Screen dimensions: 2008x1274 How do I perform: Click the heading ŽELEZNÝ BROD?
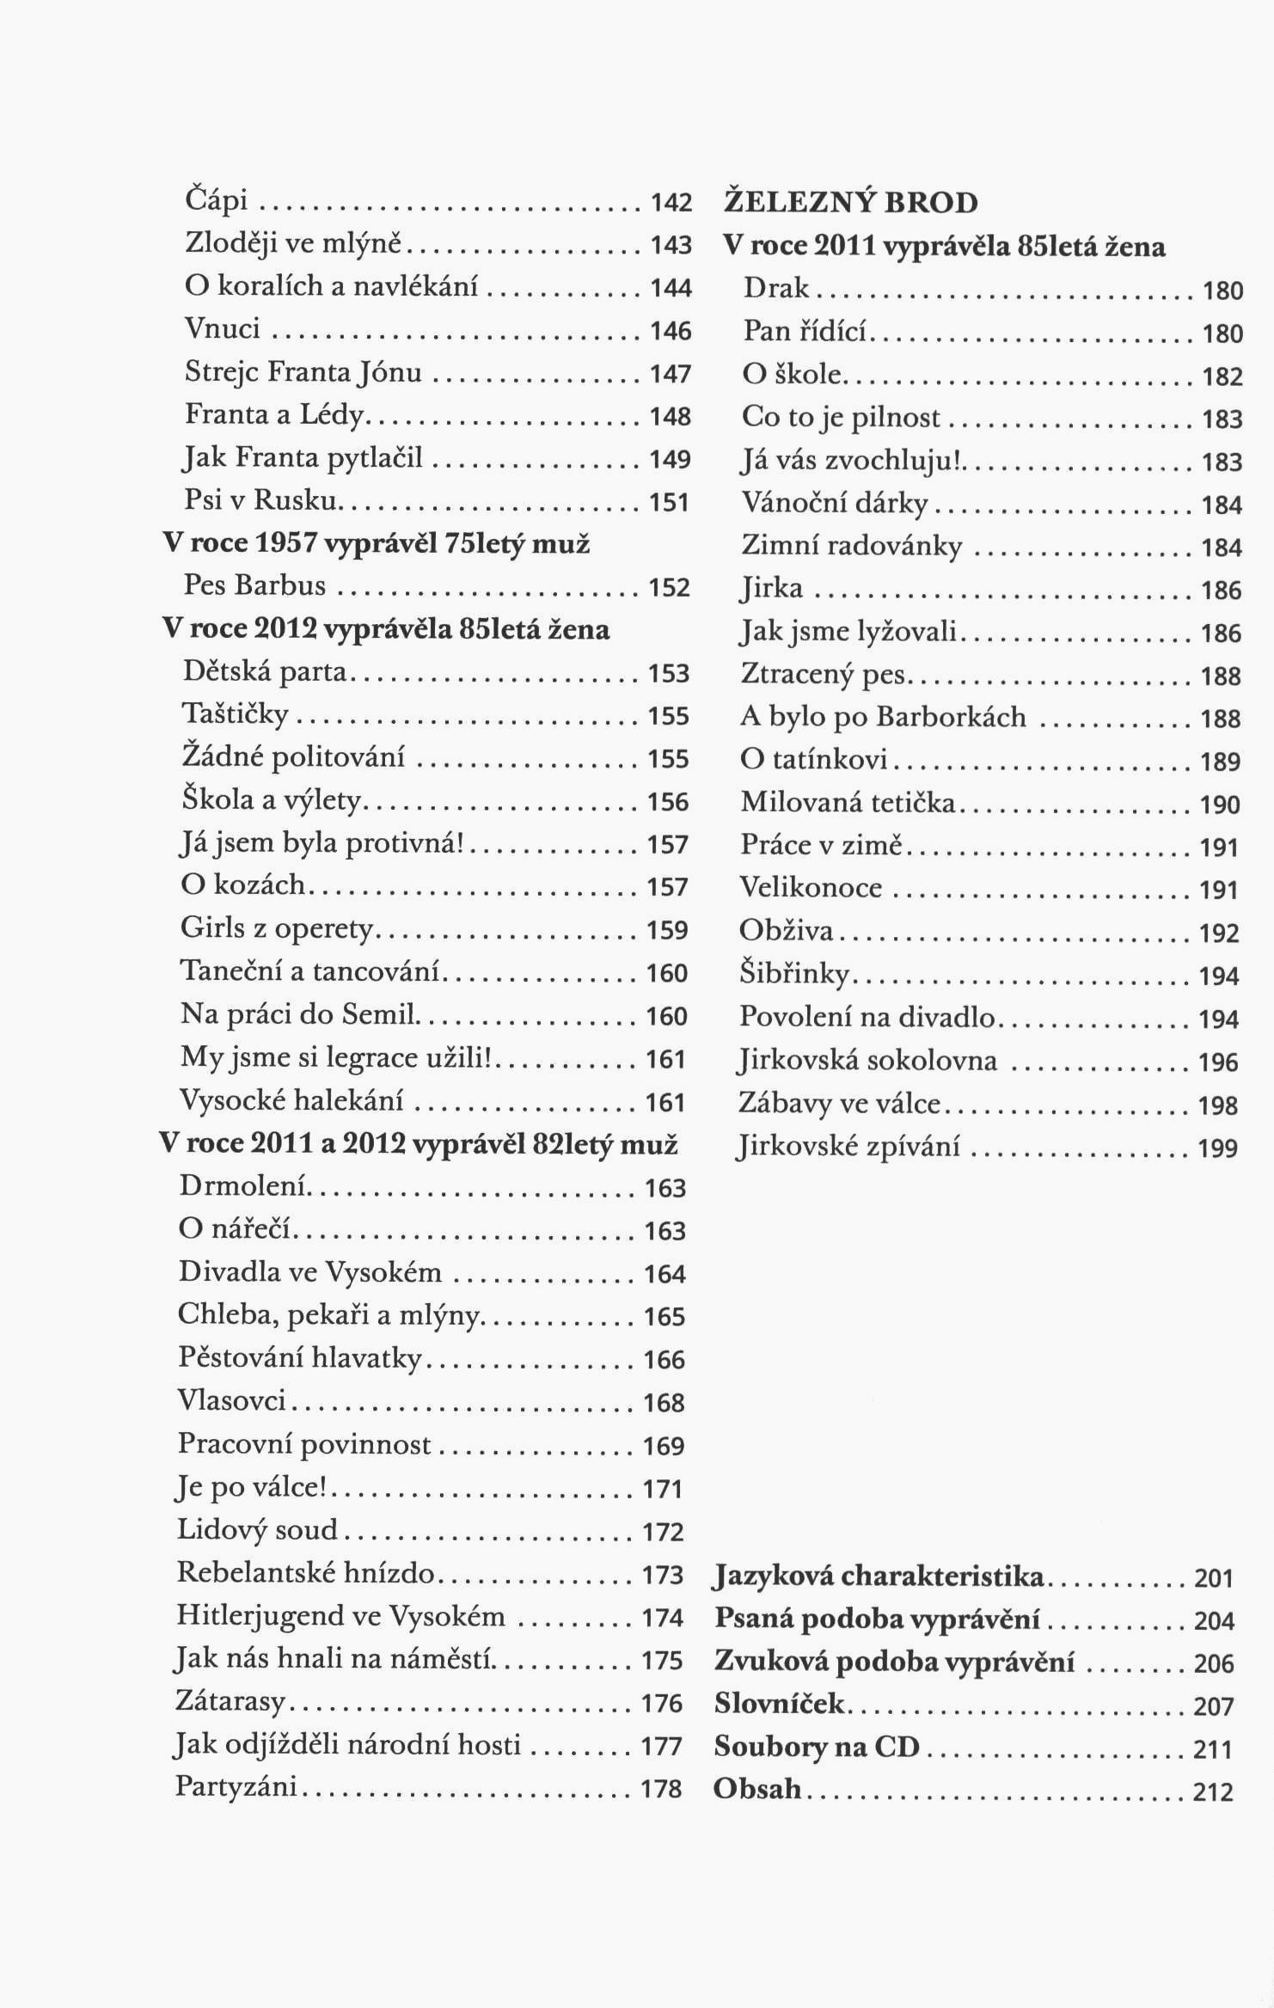pyautogui.click(x=850, y=203)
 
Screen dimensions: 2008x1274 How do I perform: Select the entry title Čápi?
pyautogui.click(x=217, y=200)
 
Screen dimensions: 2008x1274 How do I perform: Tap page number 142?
pyautogui.click(x=671, y=203)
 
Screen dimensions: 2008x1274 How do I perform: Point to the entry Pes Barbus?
pyautogui.click(x=254, y=585)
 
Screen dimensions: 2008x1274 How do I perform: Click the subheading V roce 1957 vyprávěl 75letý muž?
pyautogui.click(x=377, y=543)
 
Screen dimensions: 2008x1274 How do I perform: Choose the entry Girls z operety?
pyautogui.click(x=277, y=928)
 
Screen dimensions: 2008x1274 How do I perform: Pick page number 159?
pyautogui.click(x=668, y=931)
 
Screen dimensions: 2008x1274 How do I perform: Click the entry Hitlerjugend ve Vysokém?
pyautogui.click(x=340, y=1616)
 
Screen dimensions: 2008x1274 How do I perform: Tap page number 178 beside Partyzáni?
pyautogui.click(x=662, y=1790)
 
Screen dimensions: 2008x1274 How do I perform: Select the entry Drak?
pyautogui.click(x=775, y=288)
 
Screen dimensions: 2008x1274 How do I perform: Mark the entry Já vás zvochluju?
pyautogui.click(x=851, y=460)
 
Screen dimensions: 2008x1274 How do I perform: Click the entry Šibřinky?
pyautogui.click(x=793, y=974)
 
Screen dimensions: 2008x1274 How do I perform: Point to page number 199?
pyautogui.click(x=1218, y=1148)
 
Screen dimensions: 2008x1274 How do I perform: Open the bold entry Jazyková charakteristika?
pyautogui.click(x=879, y=1576)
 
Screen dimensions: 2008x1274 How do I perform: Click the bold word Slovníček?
pyautogui.click(x=779, y=1705)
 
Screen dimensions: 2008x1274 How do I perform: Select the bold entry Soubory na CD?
pyautogui.click(x=817, y=1748)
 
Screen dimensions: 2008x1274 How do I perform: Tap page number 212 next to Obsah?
pyautogui.click(x=1213, y=1792)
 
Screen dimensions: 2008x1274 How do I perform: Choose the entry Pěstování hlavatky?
pyautogui.click(x=300, y=1357)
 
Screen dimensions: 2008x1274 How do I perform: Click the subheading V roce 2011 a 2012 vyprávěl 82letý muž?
pyautogui.click(x=420, y=1145)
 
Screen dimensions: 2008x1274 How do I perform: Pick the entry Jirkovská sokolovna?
pyautogui.click(x=867, y=1061)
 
